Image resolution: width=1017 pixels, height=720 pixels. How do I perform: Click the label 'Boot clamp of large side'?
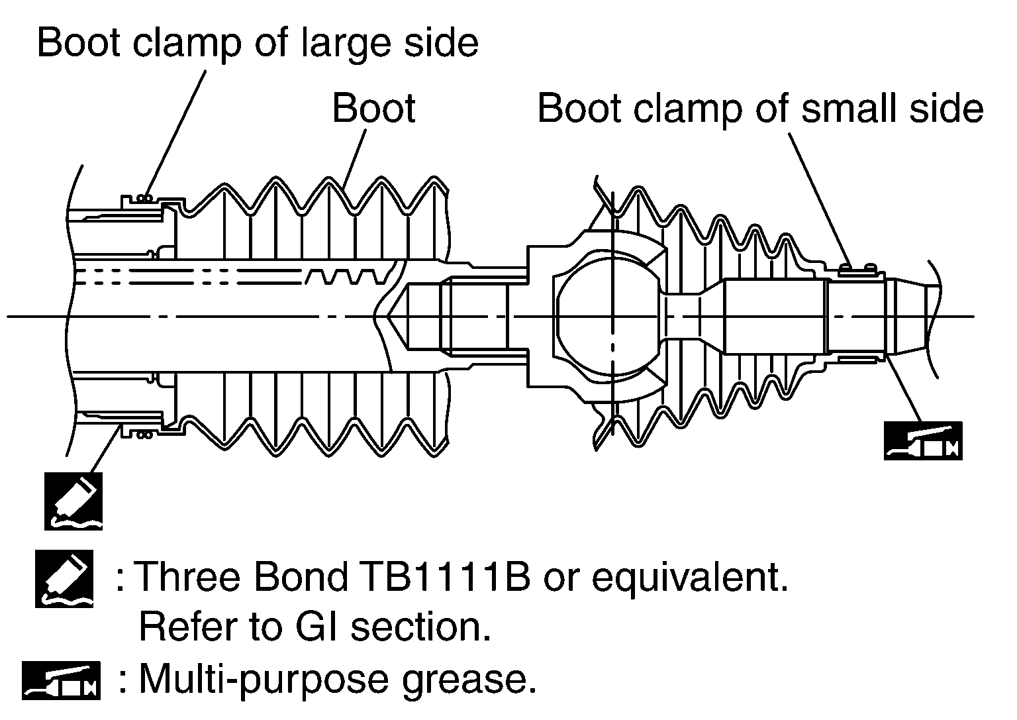pyautogui.click(x=257, y=43)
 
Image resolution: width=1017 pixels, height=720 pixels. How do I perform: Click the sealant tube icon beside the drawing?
pyautogui.click(x=74, y=501)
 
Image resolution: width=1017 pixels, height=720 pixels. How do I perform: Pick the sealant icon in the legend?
pyautogui.click(x=64, y=578)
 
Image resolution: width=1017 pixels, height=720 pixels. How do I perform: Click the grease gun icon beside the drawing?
pyautogui.click(x=923, y=440)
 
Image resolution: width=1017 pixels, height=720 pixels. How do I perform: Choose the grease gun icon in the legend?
pyautogui.click(x=61, y=680)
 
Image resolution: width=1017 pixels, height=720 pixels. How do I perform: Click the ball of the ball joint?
pyautogui.click(x=608, y=317)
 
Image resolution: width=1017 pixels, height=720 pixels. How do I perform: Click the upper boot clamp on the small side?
pyautogui.click(x=857, y=268)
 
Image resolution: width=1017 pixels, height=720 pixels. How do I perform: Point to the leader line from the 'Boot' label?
pyautogui.click(x=354, y=159)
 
